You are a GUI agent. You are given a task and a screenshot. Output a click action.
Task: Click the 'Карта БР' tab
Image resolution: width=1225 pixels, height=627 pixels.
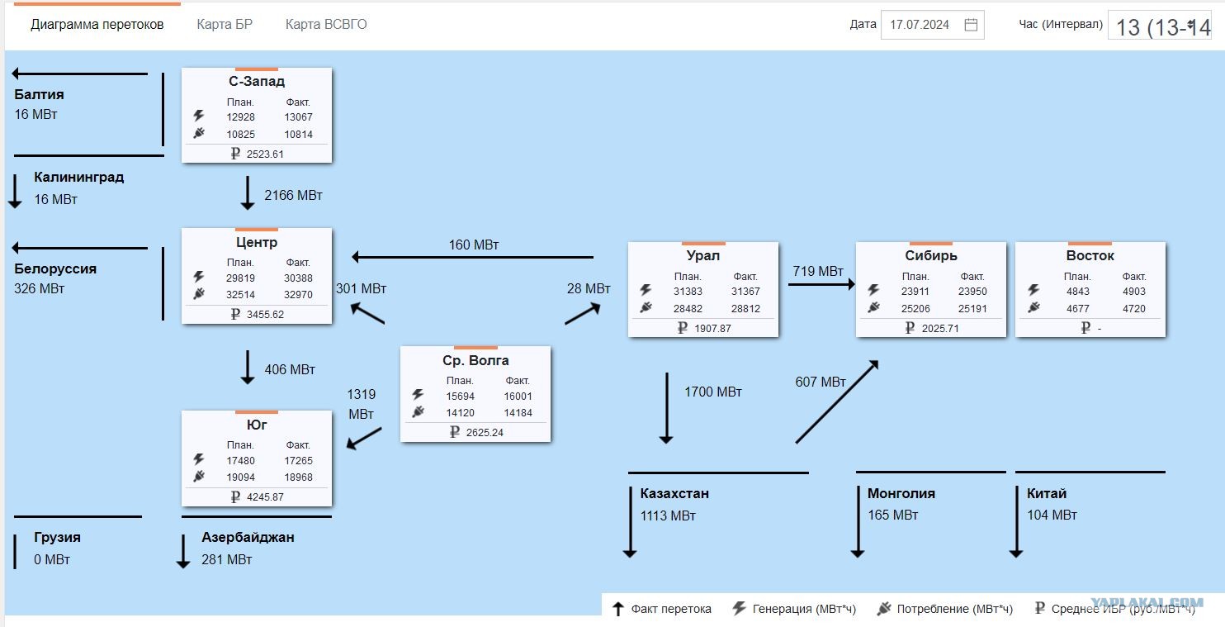[225, 24]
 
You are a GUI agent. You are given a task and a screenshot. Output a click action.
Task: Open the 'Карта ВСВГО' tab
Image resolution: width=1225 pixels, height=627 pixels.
[326, 24]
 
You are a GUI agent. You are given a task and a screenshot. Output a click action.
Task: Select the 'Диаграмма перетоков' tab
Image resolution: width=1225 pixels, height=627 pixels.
[97, 24]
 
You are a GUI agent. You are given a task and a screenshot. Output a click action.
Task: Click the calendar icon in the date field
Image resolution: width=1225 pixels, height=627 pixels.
[971, 25]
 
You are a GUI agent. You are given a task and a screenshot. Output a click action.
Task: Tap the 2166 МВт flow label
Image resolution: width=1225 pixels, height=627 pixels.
[293, 195]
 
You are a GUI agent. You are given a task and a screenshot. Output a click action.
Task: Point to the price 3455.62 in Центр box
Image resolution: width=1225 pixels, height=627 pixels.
[265, 315]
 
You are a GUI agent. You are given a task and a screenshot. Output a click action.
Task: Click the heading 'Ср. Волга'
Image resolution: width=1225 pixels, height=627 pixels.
[475, 360]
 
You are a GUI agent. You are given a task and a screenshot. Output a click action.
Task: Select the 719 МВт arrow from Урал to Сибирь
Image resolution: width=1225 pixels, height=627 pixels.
[821, 284]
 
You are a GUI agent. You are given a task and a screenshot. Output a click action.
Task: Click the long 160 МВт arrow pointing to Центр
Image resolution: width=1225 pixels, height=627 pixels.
[472, 257]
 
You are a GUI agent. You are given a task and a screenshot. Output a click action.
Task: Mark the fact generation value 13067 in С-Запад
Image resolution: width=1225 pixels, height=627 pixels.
[298, 117]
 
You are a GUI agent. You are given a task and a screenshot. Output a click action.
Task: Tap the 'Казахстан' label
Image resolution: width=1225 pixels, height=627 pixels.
[674, 493]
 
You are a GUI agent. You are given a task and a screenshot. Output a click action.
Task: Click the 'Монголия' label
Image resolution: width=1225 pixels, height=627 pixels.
[901, 493]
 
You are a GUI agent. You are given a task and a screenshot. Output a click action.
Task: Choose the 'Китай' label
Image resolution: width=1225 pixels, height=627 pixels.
[1046, 493]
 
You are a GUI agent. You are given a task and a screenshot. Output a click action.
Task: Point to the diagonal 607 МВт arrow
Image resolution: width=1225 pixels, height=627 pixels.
[837, 401]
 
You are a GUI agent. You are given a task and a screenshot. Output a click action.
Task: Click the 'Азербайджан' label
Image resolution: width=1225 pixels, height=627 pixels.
[248, 537]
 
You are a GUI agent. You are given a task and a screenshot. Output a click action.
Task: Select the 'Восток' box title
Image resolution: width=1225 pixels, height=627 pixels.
[1090, 255]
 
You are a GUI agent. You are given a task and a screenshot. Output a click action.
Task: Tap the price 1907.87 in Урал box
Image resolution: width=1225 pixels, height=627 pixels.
[712, 329]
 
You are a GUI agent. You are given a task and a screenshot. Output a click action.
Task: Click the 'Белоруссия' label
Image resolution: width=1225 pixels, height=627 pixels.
[55, 268]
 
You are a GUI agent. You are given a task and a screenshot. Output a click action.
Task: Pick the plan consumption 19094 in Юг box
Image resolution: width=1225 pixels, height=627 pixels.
[241, 477]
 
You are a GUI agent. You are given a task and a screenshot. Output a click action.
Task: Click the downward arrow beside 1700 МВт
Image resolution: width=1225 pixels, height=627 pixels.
[667, 408]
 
